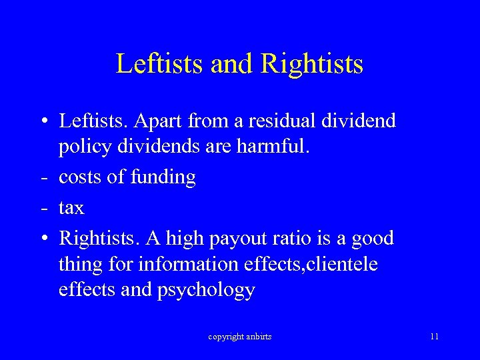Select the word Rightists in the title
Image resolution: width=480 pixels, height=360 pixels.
click(313, 64)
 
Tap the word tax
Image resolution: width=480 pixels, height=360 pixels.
click(71, 208)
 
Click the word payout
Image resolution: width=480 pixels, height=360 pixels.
click(241, 238)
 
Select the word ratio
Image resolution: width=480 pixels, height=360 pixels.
click(299, 238)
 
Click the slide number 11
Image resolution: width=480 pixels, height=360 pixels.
click(434, 337)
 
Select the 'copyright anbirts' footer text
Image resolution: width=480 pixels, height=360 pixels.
click(239, 337)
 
